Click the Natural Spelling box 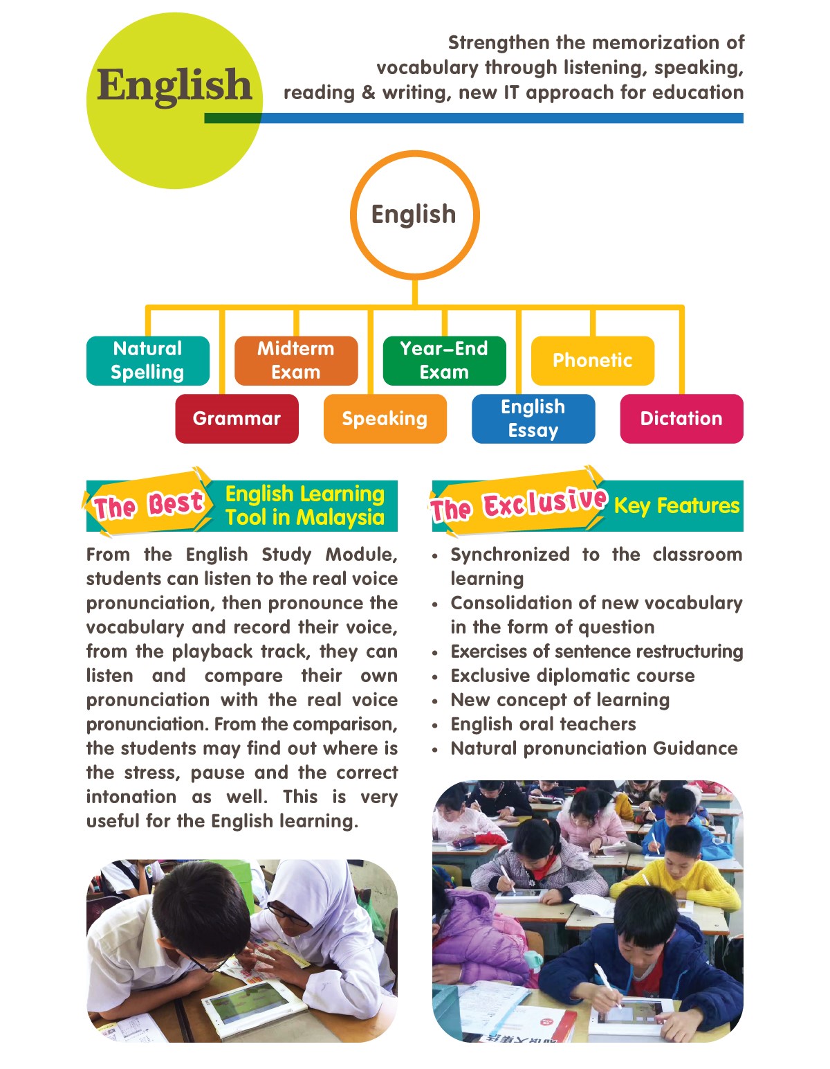pos(147,361)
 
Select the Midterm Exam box pos(296,361)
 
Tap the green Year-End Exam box pos(444,361)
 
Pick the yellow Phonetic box pos(593,361)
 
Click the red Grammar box pos(237,419)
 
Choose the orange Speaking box pos(385,419)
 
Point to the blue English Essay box pos(533,419)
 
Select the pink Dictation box pos(681,419)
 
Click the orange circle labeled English pos(414,215)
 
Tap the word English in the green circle pos(174,85)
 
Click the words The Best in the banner pos(148,505)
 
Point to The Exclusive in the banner pos(519,504)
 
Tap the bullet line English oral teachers pos(543,724)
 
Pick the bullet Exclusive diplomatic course pos(573,676)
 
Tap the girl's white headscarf pos(318,893)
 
